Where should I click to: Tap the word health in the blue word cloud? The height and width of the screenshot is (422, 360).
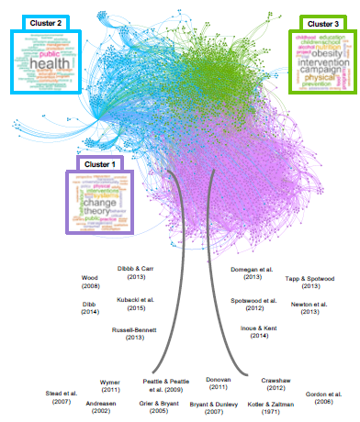[42, 65]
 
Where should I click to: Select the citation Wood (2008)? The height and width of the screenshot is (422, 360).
[89, 282]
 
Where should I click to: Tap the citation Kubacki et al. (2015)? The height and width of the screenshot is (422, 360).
[138, 303]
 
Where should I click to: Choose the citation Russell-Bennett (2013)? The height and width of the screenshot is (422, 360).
[136, 332]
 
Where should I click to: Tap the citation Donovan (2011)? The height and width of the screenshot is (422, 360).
[218, 383]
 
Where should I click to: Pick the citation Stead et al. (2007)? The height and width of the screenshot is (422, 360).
[62, 396]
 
